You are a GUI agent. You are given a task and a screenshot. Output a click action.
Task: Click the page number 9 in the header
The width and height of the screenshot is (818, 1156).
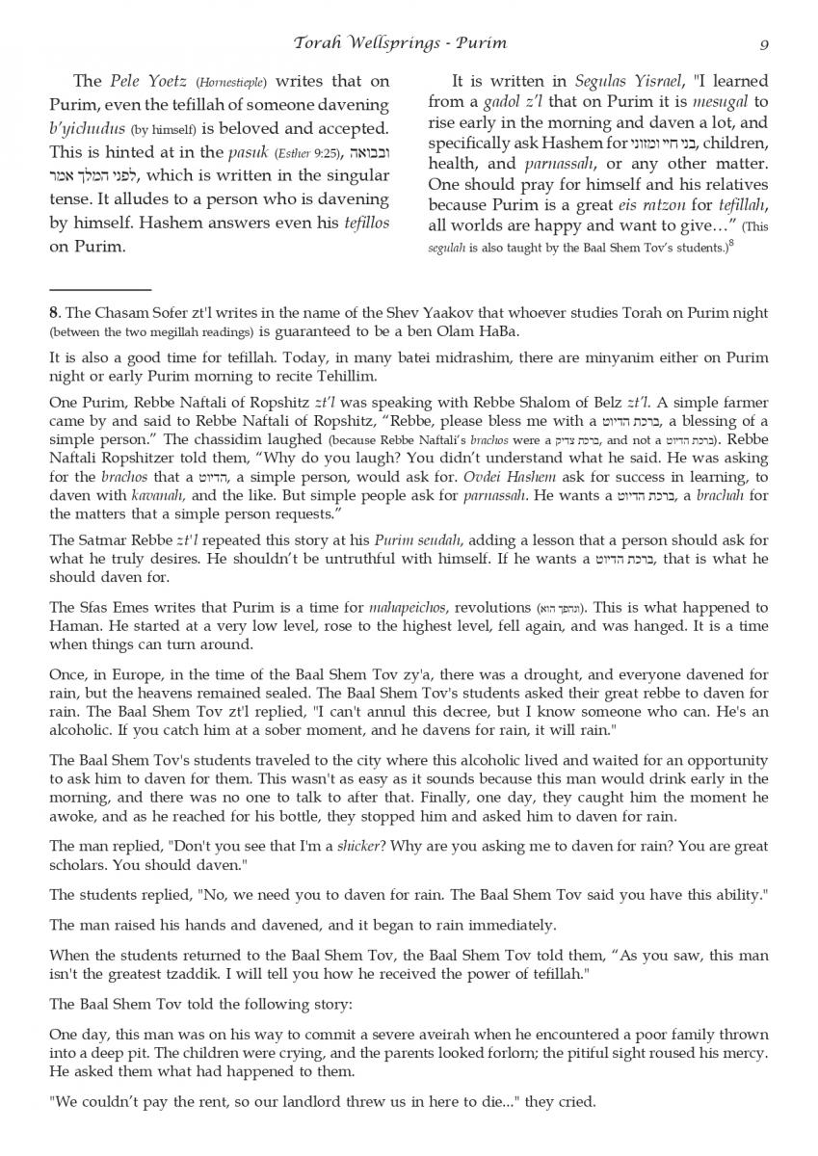pyautogui.click(x=763, y=42)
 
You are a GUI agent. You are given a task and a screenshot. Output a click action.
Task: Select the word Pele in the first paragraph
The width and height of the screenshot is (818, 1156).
pyautogui.click(x=125, y=81)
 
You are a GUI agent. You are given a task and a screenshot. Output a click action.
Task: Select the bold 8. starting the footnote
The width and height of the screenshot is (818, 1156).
pyautogui.click(x=55, y=311)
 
